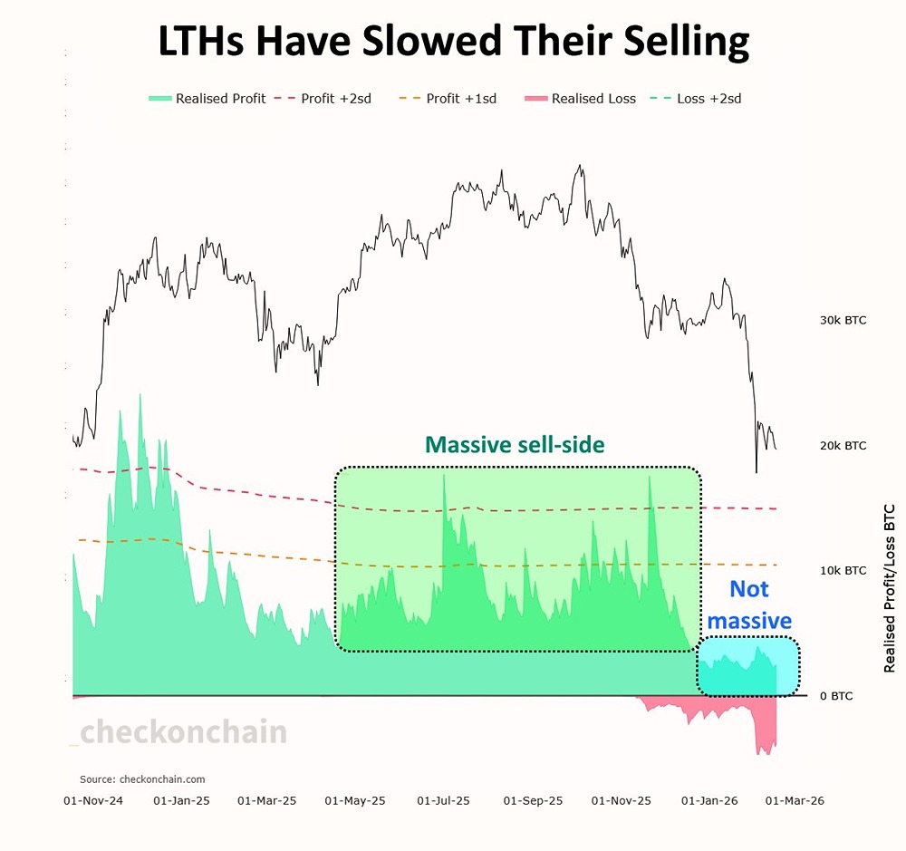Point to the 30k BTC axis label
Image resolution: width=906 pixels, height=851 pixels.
(843, 320)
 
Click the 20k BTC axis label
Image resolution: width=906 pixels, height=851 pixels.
(843, 445)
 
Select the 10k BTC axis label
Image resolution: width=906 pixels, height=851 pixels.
(843, 570)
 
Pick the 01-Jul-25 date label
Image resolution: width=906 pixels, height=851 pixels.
(444, 801)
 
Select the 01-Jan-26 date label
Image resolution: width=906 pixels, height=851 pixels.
(708, 801)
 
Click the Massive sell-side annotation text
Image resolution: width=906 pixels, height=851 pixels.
(515, 445)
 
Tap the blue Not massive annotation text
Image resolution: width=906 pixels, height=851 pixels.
(749, 604)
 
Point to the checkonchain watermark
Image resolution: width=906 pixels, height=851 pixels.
(183, 732)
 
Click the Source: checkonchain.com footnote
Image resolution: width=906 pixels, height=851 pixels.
(142, 778)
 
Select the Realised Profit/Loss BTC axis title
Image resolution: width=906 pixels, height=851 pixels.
(889, 587)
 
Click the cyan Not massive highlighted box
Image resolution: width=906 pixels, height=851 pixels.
(748, 668)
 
